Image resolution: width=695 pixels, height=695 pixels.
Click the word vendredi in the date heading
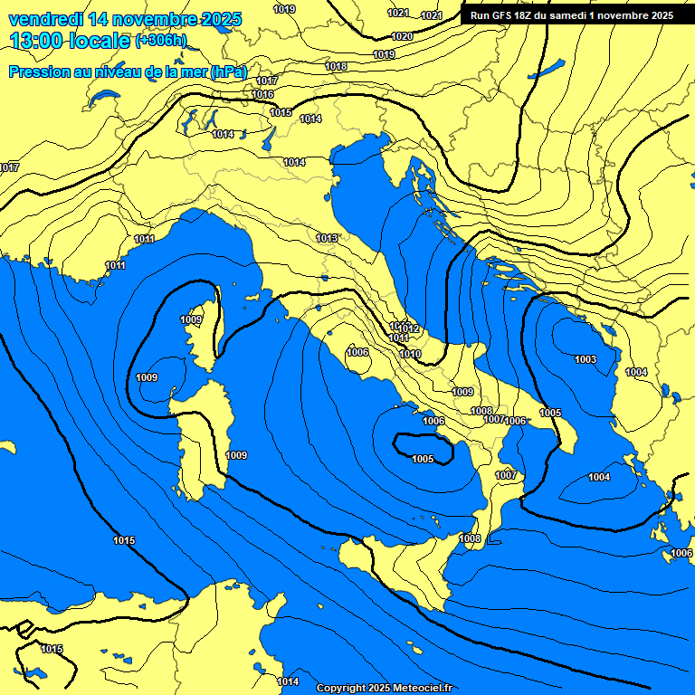coord(44,18)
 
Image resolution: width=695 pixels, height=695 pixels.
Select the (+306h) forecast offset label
coord(161,41)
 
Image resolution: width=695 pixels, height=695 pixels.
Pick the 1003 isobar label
coord(586,359)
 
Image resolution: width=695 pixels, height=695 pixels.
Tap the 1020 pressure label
coord(403,36)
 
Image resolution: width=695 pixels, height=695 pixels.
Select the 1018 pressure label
coord(336,66)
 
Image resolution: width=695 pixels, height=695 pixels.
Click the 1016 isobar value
coord(263,94)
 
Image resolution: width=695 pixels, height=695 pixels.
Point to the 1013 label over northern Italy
coord(328,238)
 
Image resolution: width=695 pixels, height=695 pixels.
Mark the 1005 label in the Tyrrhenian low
coord(423,459)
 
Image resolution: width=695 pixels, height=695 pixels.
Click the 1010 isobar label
coord(410,354)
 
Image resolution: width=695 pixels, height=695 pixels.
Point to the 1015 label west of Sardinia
coord(124,540)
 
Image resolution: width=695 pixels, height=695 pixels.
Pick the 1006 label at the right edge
coord(681,553)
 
